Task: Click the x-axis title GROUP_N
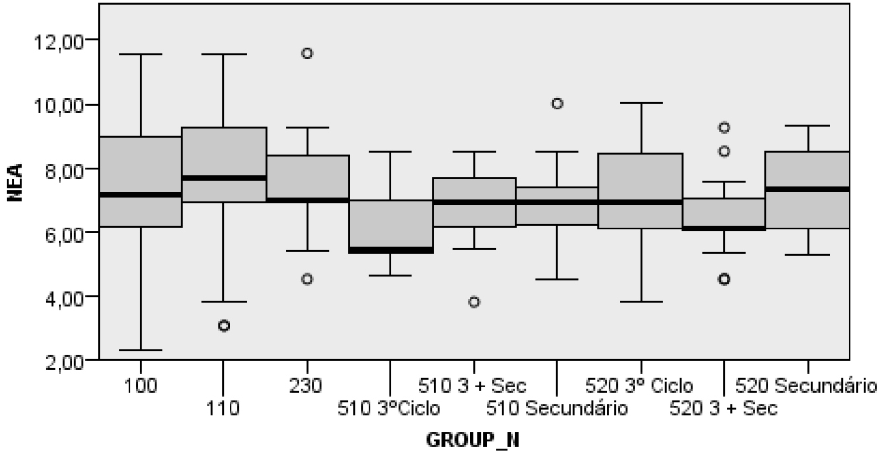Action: point(472,440)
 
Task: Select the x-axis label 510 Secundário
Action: point(557,408)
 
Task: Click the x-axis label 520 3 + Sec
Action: point(723,408)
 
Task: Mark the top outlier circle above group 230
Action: point(307,53)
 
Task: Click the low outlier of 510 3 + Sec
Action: point(474,302)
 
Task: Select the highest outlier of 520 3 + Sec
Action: point(724,128)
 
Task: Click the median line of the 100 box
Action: point(140,195)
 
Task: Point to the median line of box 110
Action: point(224,178)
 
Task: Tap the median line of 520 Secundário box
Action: point(808,189)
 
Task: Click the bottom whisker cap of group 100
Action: point(140,350)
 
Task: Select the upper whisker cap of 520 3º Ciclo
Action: point(641,103)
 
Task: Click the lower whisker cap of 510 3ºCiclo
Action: point(390,275)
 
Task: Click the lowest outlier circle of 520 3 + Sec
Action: point(724,279)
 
